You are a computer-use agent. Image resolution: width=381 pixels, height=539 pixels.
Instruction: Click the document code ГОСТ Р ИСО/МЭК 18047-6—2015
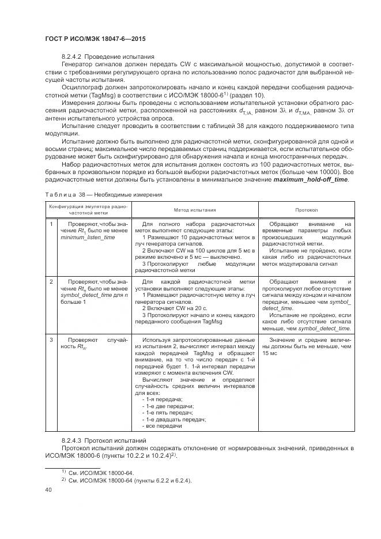point(95,39)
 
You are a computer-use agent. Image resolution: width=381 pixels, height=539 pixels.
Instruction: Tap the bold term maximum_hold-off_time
point(312,179)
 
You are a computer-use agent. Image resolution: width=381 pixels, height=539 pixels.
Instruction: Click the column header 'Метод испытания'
point(194,210)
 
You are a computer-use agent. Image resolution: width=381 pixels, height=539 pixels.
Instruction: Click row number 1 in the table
point(51,223)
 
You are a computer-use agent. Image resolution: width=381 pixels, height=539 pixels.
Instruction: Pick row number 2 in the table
point(51,281)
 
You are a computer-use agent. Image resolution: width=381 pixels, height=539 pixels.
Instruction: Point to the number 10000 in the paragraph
point(329,172)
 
